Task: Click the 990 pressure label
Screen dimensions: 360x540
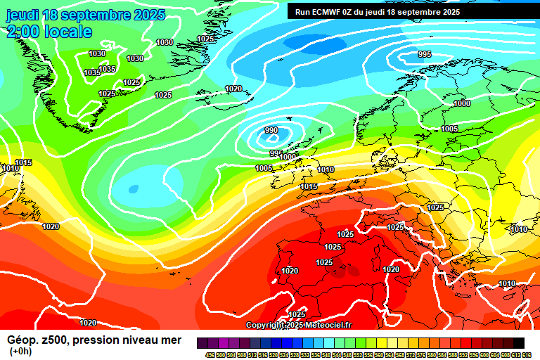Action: coord(271,130)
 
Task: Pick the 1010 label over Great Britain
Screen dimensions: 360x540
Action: coord(326,169)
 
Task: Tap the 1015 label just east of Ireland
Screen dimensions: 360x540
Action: coord(309,186)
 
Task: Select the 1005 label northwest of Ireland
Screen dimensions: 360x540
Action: coord(264,168)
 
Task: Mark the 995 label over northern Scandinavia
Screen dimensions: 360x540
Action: coord(425,54)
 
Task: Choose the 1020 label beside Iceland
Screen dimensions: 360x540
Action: coord(233,89)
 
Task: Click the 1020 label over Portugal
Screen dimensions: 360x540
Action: coord(290,271)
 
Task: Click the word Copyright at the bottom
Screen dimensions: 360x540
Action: coord(264,326)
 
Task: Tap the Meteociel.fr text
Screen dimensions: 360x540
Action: coord(331,326)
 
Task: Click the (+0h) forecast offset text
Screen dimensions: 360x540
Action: coord(20,352)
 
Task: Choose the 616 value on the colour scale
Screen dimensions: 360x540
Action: coord(527,354)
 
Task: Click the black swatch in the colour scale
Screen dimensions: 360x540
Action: coord(518,343)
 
